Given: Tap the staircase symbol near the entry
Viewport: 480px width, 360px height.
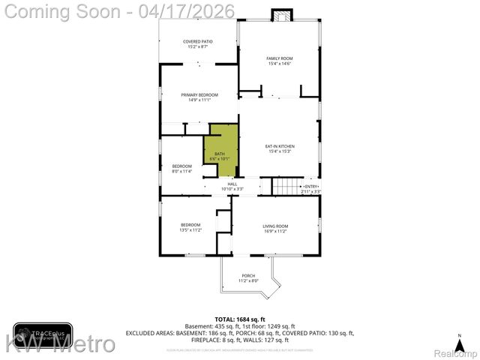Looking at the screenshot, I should (284, 185).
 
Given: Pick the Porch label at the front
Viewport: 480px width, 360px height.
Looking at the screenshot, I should (248, 277).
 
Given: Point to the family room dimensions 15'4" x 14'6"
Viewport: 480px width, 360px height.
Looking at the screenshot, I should (280, 64).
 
